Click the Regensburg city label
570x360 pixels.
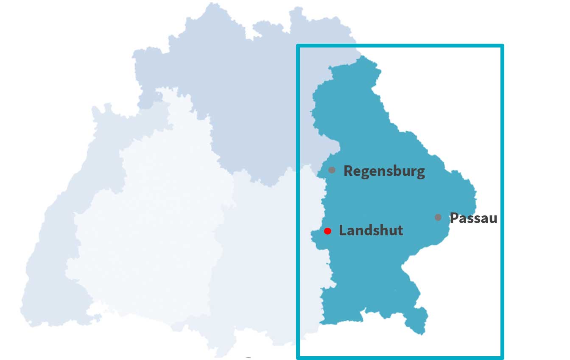click(x=384, y=171)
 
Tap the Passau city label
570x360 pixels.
click(x=473, y=218)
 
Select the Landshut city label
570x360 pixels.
click(x=371, y=231)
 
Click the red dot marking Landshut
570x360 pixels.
click(x=327, y=231)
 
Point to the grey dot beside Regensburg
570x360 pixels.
click(x=332, y=170)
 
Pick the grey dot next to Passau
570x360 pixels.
click(x=438, y=218)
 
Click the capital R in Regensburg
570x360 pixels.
click(x=348, y=171)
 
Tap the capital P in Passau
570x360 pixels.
click(x=454, y=218)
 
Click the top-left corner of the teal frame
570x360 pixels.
click(x=298, y=46)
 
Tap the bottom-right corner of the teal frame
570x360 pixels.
click(x=502, y=357)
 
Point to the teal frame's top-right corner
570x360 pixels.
click(x=502, y=46)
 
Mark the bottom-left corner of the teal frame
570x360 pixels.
click(x=298, y=357)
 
